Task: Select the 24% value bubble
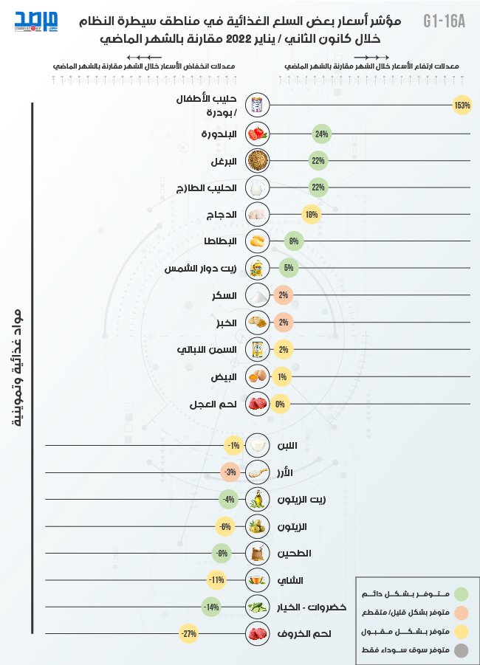(x=321, y=134)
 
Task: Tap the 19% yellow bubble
(x=312, y=214)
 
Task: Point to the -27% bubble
(x=189, y=633)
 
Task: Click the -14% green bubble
(x=212, y=607)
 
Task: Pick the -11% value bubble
(x=217, y=579)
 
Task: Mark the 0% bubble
(x=280, y=404)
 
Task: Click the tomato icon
(x=258, y=134)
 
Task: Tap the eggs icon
(x=258, y=376)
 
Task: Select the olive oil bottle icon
(x=258, y=500)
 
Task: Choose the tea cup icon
(x=258, y=580)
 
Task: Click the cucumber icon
(x=258, y=607)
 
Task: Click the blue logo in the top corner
(x=36, y=21)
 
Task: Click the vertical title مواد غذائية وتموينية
(x=16, y=368)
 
